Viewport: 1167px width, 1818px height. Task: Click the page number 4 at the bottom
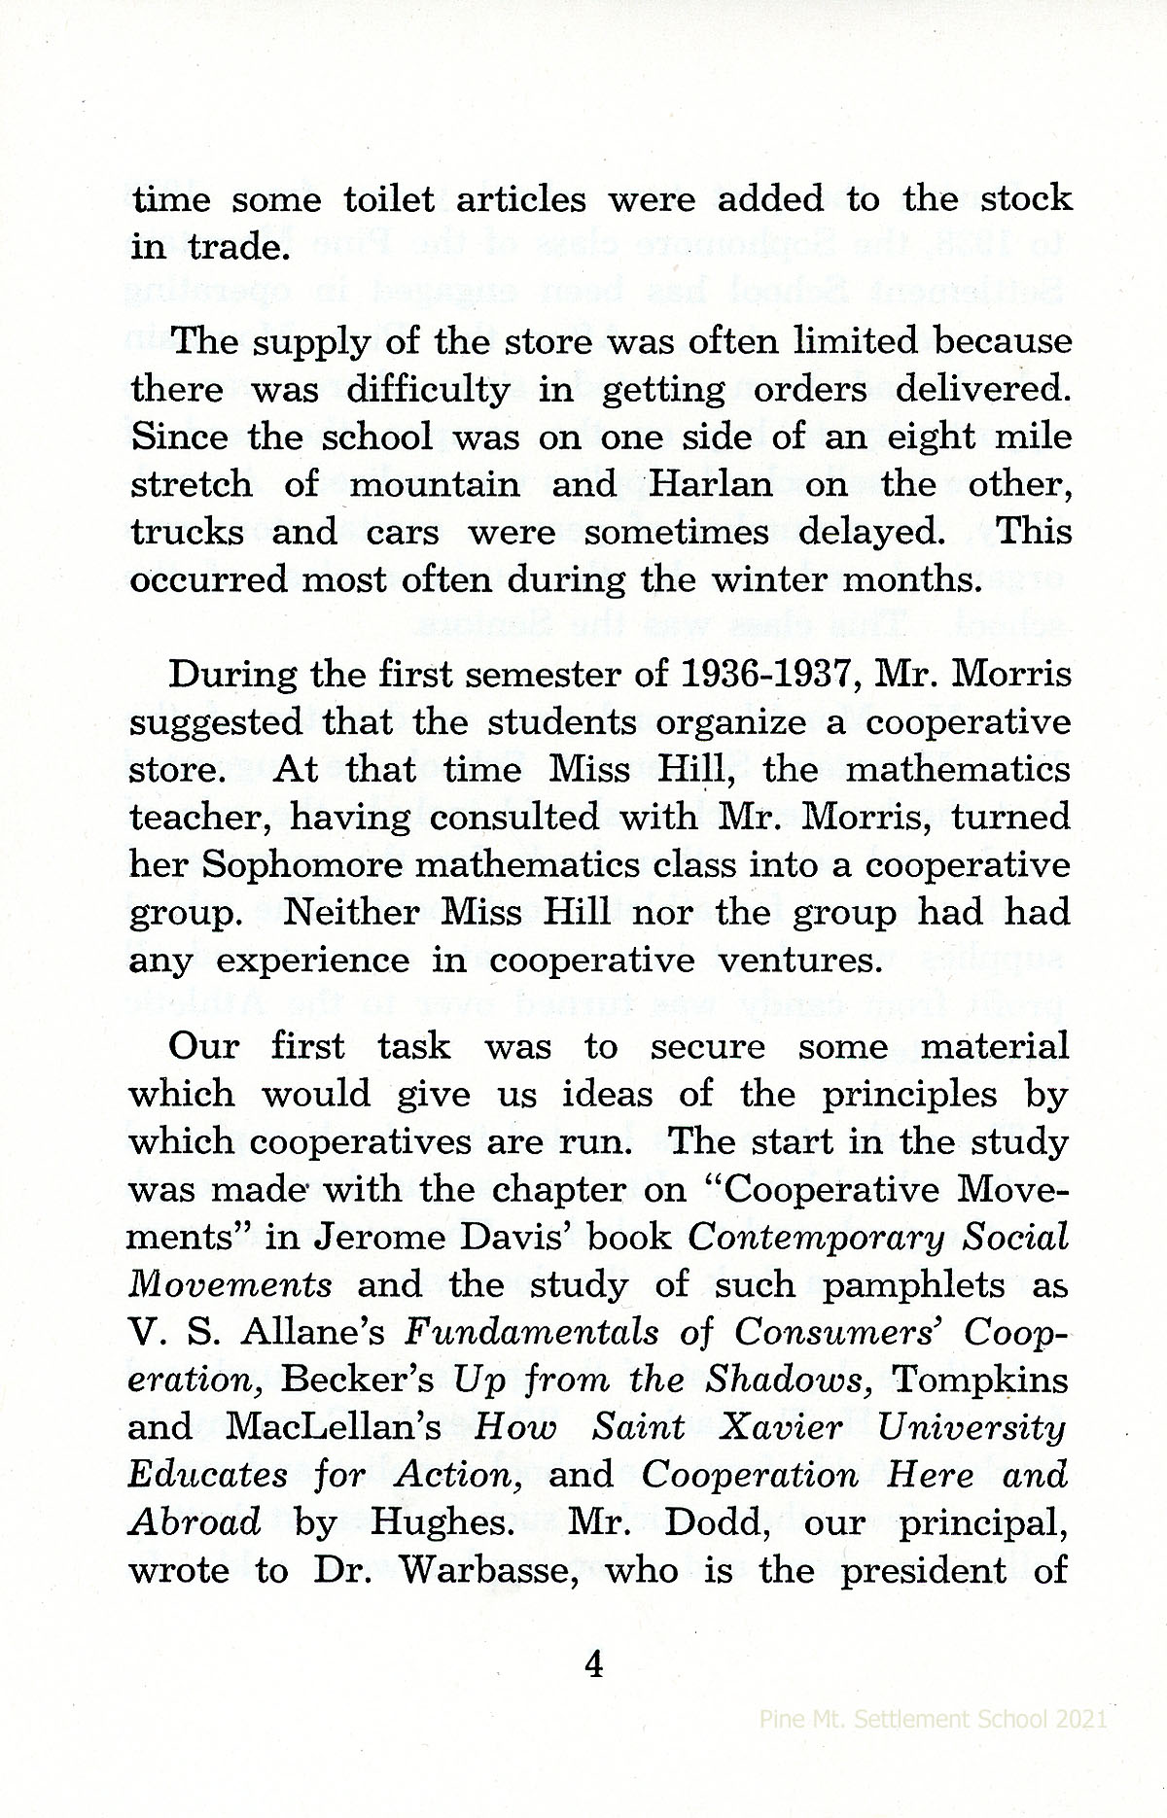click(593, 1664)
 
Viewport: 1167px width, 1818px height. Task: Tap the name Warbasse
click(463, 1570)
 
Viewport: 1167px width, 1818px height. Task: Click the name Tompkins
click(979, 1381)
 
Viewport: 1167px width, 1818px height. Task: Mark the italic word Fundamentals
click(531, 1333)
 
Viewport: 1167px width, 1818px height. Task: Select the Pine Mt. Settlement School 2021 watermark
click(933, 1746)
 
